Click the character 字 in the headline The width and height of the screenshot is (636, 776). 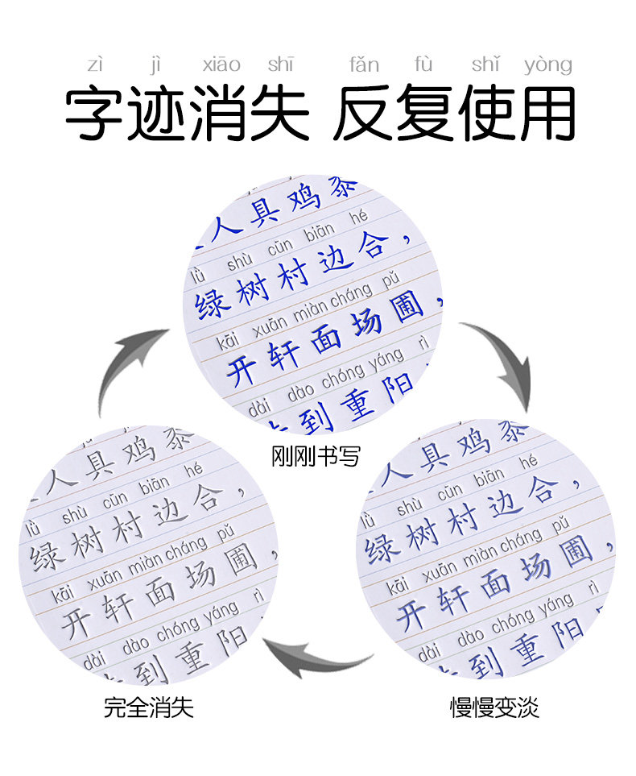click(96, 113)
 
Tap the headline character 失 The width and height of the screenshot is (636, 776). click(279, 113)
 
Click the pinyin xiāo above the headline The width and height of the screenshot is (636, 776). click(221, 65)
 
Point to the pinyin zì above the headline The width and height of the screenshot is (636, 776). click(95, 65)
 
